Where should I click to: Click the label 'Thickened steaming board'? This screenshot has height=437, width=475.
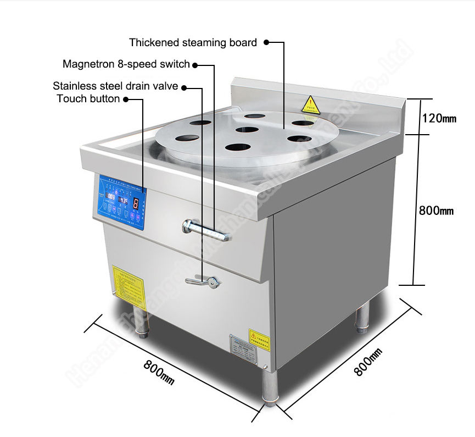[193, 42]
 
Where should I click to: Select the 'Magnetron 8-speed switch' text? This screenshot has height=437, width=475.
[126, 64]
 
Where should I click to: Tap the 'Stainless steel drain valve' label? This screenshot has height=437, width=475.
[115, 86]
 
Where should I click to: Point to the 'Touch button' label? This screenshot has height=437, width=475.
[88, 99]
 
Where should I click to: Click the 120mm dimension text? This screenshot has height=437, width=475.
[439, 118]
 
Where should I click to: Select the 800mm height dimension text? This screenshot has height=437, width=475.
[436, 210]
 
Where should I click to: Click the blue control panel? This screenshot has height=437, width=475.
[120, 203]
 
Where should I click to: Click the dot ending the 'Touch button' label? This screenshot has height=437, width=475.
[126, 99]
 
